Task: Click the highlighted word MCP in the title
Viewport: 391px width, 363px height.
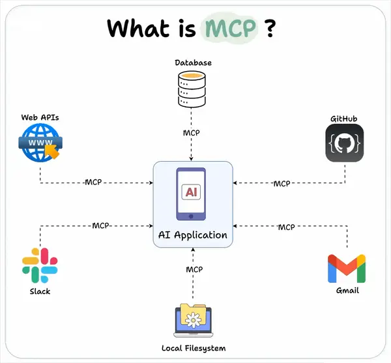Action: (230, 28)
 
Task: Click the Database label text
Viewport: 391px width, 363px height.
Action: (193, 63)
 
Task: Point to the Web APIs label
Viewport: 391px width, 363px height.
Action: (39, 117)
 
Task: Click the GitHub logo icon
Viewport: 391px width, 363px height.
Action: (344, 142)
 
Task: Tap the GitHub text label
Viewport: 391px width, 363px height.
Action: (344, 119)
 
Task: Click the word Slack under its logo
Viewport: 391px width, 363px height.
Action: (40, 291)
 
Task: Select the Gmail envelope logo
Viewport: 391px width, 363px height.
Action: (346, 269)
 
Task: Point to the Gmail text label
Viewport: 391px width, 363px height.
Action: (346, 291)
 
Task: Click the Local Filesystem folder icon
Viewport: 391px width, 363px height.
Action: (193, 319)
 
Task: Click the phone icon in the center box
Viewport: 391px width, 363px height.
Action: (191, 193)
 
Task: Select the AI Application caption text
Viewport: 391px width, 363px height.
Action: (193, 235)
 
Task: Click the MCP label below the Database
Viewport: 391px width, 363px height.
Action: (191, 132)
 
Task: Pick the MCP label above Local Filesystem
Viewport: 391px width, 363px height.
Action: (194, 269)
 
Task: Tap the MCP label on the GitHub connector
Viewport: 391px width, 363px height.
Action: (282, 183)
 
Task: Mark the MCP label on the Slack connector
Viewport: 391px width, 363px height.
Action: (100, 225)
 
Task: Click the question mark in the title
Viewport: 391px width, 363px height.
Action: (269, 28)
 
